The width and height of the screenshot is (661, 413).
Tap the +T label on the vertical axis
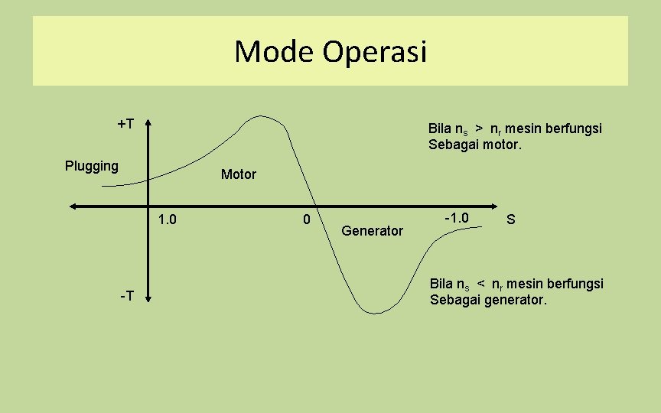point(126,124)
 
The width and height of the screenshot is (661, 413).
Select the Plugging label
point(92,166)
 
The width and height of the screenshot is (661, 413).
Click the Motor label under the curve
point(239,174)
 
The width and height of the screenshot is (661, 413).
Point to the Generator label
point(372,230)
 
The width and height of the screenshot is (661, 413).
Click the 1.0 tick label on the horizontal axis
point(167,220)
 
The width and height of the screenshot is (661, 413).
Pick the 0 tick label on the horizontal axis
point(306,220)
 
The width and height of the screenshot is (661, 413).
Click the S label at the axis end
point(511,220)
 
